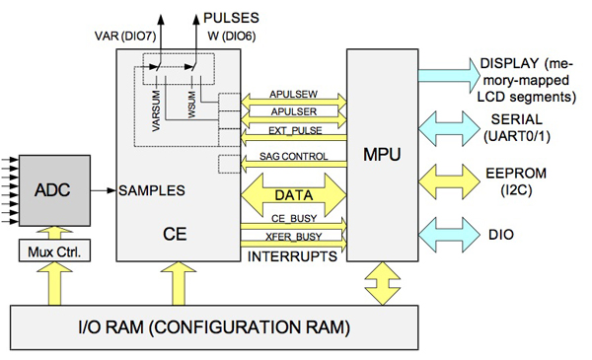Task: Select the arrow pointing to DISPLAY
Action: (446, 78)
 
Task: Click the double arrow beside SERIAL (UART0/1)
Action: (446, 128)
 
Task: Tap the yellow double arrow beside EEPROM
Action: (446, 179)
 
